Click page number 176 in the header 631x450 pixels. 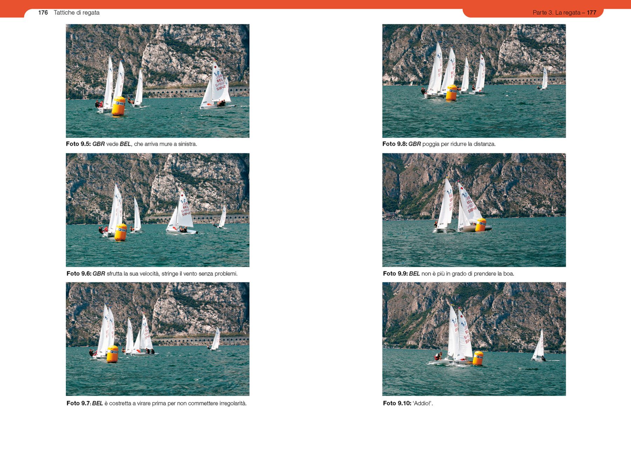click(x=43, y=13)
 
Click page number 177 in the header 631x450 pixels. click(x=591, y=13)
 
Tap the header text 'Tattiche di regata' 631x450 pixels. click(x=76, y=13)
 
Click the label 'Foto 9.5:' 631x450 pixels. click(x=78, y=144)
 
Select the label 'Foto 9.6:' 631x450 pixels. click(x=79, y=273)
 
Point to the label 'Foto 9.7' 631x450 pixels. click(x=78, y=403)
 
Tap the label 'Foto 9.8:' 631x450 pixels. click(x=395, y=144)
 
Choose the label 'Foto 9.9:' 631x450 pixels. click(x=395, y=273)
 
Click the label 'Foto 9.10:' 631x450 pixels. click(x=397, y=403)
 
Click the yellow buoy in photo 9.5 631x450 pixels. click(x=118, y=106)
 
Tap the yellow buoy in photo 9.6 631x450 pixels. click(x=121, y=232)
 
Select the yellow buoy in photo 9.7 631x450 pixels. click(x=113, y=354)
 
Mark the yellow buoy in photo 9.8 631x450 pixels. click(x=452, y=93)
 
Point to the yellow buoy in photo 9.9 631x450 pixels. click(x=481, y=225)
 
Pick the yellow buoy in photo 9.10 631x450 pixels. click(x=478, y=358)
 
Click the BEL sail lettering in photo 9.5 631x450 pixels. click(x=220, y=80)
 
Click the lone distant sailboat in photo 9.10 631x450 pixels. click(x=539, y=346)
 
